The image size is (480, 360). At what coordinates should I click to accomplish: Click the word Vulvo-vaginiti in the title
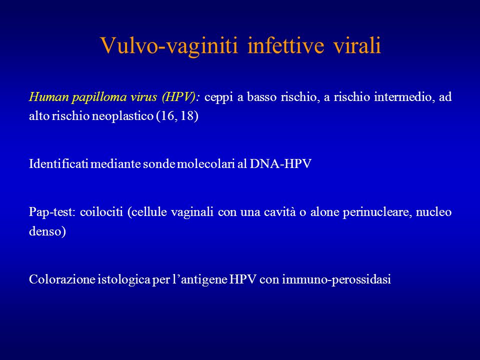coord(169,45)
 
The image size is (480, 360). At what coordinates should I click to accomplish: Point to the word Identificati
coord(59,164)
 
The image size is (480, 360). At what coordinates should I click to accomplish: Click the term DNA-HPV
coord(280,164)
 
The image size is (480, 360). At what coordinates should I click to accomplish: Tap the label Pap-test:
coord(52,212)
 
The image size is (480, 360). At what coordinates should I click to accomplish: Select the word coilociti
coord(101,212)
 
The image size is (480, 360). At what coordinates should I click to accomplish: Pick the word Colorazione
coord(62,279)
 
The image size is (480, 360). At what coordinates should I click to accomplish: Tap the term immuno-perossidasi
coord(336,280)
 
